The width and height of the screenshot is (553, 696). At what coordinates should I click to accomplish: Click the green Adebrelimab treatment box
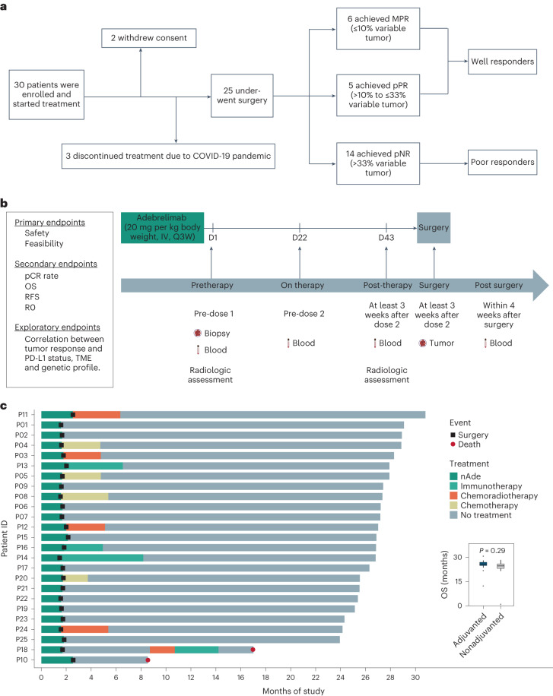coord(162,229)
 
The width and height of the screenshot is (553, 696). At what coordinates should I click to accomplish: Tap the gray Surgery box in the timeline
coord(434,228)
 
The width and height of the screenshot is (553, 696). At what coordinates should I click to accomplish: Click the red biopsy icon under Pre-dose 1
coord(196,333)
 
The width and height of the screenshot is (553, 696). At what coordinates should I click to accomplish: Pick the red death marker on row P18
coord(253,628)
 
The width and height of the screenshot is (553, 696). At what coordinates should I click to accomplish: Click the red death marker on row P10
coord(148,638)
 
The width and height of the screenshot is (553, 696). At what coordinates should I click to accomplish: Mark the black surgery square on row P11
coord(73,414)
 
